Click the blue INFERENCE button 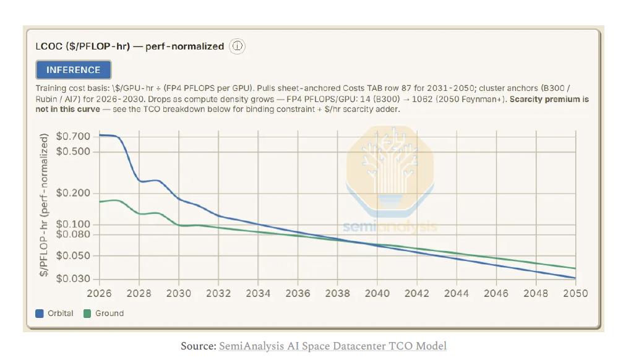click(73, 69)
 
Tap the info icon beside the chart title click(237, 46)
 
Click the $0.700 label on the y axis click(73, 136)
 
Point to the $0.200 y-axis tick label click(73, 193)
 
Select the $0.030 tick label click(73, 278)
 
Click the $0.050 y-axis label click(73, 255)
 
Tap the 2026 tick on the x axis click(99, 293)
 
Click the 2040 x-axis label click(377, 293)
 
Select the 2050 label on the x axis click(575, 293)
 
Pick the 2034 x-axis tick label click(258, 293)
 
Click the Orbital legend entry click(54, 314)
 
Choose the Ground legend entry click(103, 314)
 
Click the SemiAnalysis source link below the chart click(333, 346)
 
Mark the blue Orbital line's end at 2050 click(575, 278)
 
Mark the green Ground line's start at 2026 click(100, 202)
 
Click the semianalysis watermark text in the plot click(390, 226)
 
